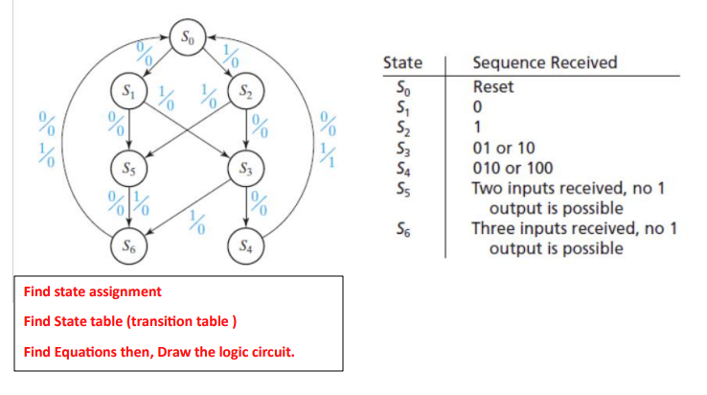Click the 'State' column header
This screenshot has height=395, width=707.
pyautogui.click(x=401, y=63)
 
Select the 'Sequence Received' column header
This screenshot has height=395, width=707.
pyautogui.click(x=544, y=63)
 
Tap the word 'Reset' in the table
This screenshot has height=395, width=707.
pyautogui.click(x=492, y=87)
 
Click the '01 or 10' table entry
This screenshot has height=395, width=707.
pyautogui.click(x=505, y=150)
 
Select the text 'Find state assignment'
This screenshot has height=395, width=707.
pyautogui.click(x=93, y=291)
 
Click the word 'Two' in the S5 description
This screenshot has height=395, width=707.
pyautogui.click(x=487, y=190)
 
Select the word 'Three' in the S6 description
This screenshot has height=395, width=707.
pyautogui.click(x=492, y=230)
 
